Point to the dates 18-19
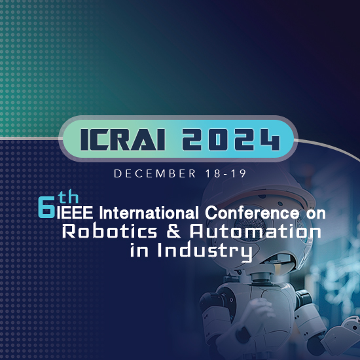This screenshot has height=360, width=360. (219, 173)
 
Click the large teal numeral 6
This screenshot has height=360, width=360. (46, 206)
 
